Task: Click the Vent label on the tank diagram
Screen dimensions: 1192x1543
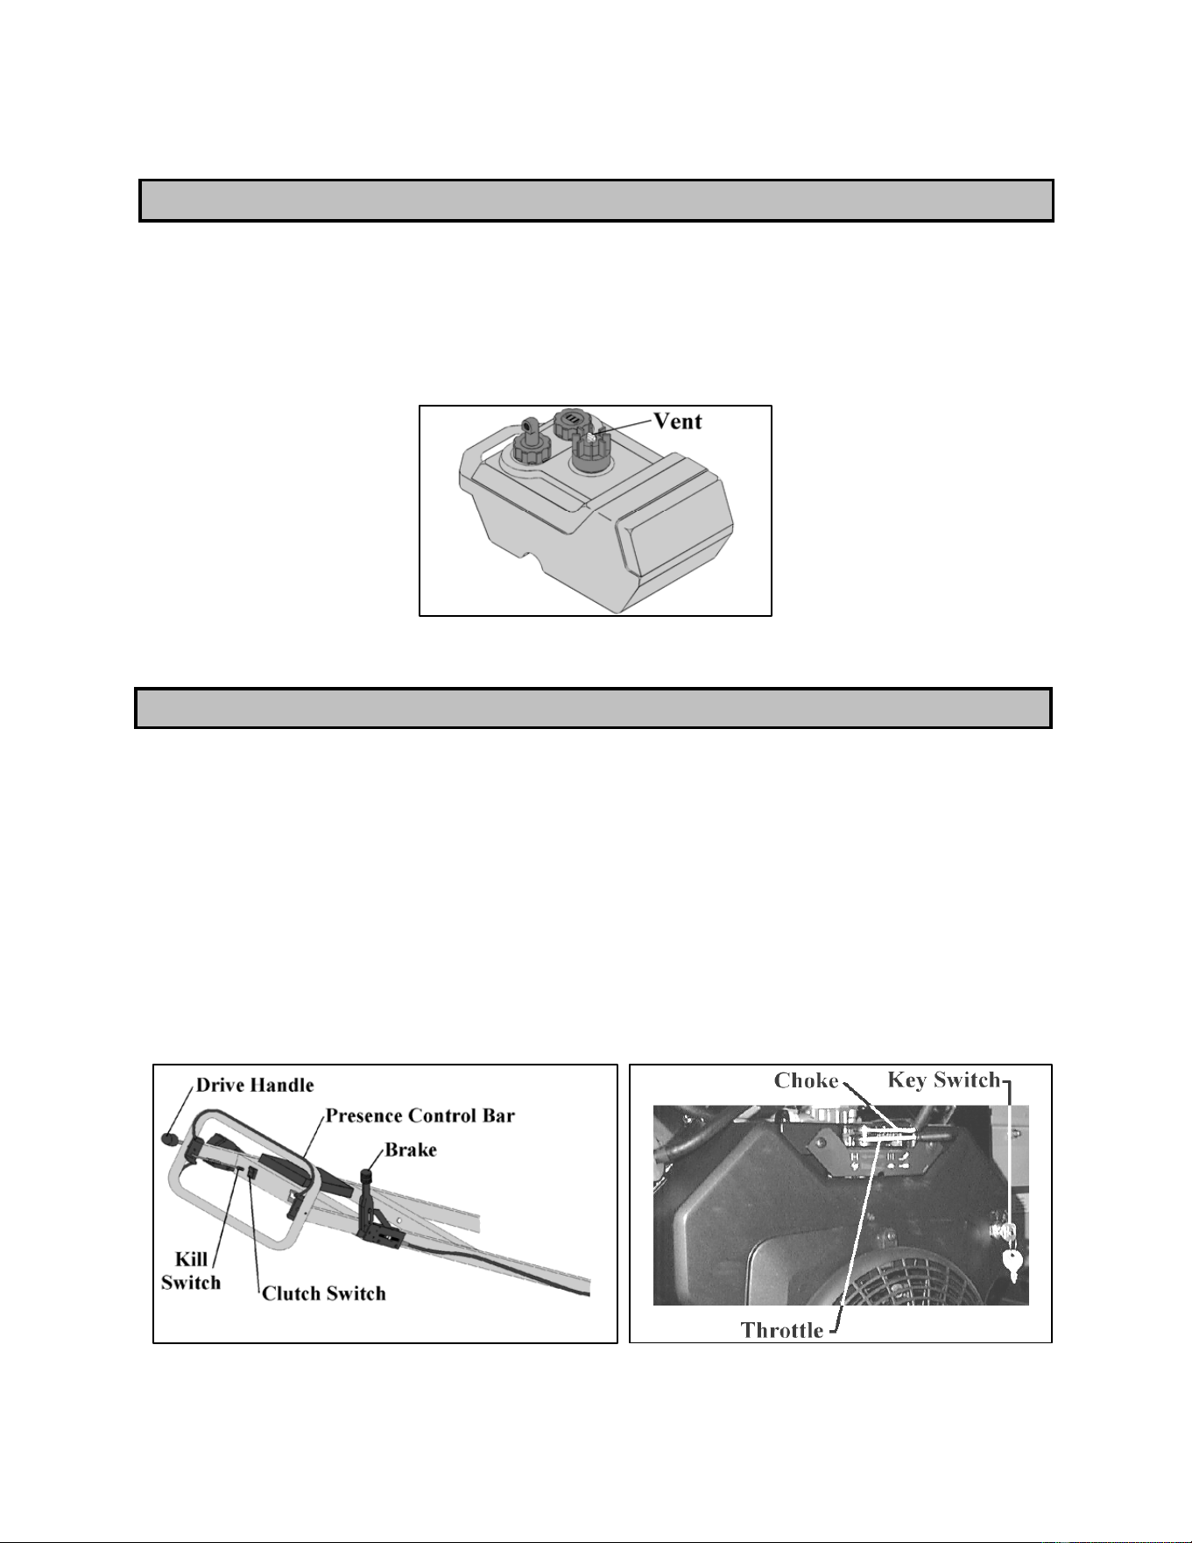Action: pos(678,421)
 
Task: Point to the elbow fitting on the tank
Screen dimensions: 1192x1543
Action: pos(529,429)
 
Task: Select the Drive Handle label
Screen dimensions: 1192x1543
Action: pos(254,1085)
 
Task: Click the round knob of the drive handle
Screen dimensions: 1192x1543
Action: pos(170,1140)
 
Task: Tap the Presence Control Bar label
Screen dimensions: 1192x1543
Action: pos(420,1115)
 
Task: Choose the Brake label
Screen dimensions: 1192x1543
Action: pos(411,1149)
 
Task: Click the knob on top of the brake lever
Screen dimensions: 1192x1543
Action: pos(368,1171)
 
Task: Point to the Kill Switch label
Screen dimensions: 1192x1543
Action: pos(190,1270)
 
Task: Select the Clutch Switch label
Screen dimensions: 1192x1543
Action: pos(324,1293)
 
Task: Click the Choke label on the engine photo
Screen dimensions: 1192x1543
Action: pos(806,1080)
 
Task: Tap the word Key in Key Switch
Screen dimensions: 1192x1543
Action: pos(906,1079)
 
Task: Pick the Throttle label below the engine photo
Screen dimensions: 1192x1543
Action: pos(782,1330)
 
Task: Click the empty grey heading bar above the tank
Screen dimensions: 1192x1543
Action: pos(596,200)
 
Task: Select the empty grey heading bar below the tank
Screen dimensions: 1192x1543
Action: pos(593,708)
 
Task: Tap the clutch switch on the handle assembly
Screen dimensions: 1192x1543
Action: pos(252,1172)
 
